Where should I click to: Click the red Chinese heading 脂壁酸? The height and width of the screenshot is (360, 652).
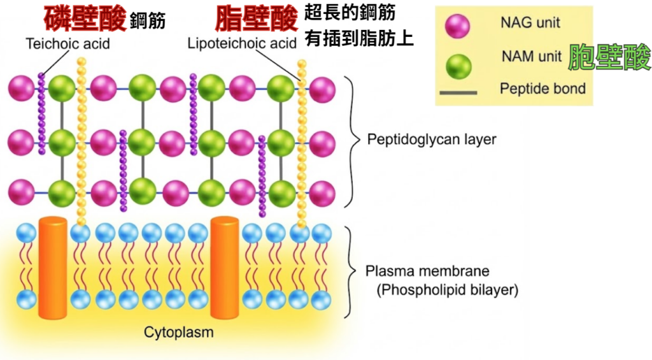coord(257,18)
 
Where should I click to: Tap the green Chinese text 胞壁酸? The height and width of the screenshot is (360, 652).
coord(609,57)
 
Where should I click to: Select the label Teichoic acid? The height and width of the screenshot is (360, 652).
coord(67,44)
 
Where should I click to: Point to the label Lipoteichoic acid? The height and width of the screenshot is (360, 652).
coord(242,44)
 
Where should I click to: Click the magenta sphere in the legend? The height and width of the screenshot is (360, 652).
coord(458,26)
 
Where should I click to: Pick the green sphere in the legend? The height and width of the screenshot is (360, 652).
coord(458,65)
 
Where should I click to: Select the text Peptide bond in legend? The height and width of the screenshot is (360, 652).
coord(542,89)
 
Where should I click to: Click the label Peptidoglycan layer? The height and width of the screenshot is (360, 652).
coord(432,139)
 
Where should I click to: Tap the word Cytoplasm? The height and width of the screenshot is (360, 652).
coord(179,332)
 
